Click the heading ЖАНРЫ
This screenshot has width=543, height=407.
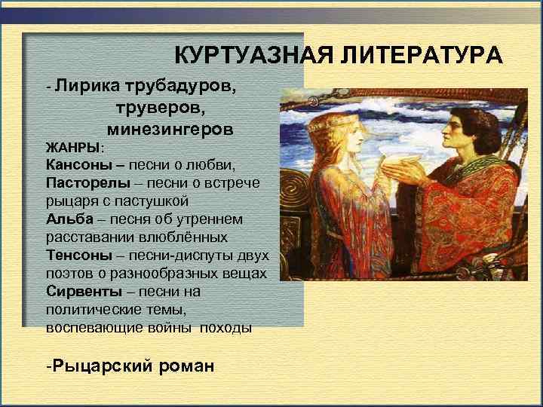(x=72, y=146)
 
